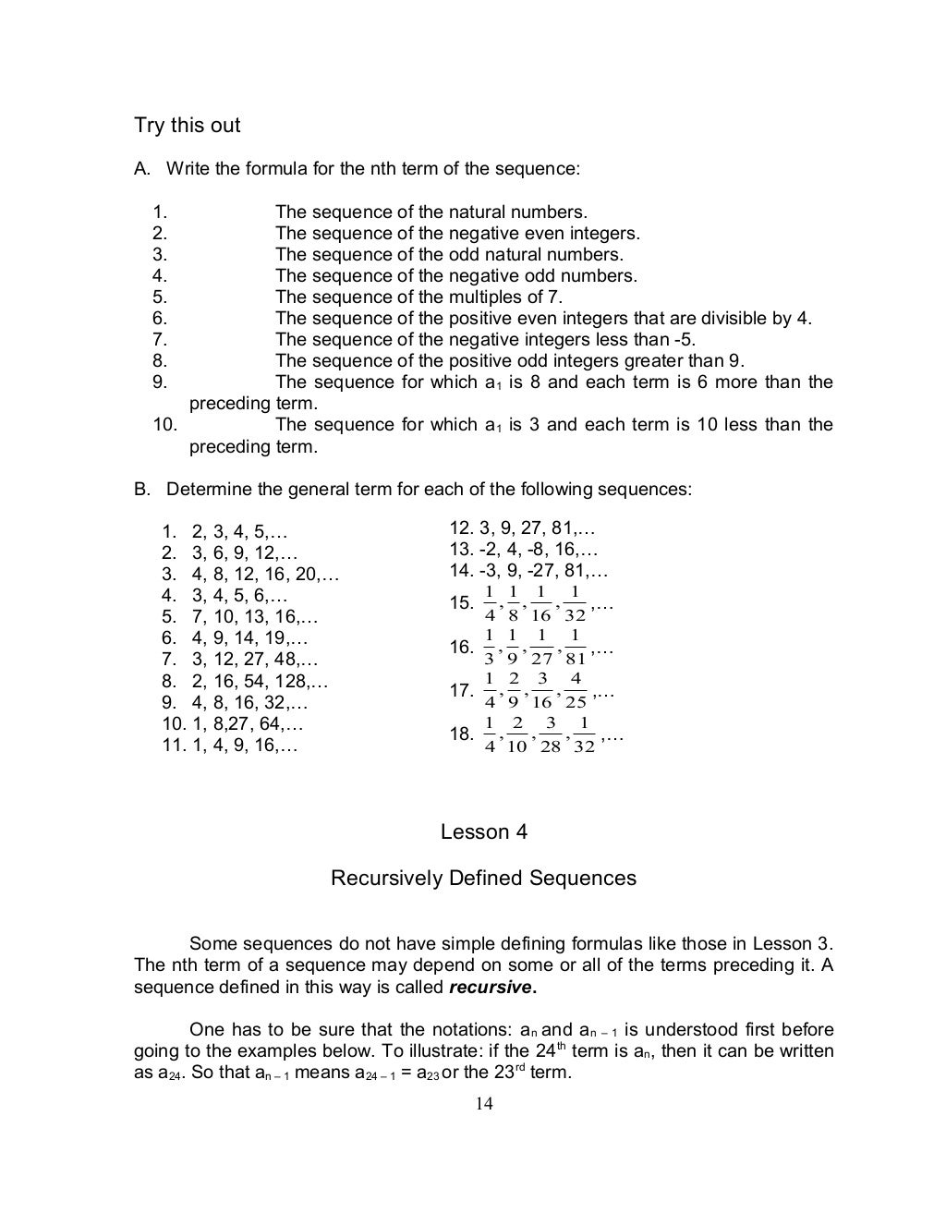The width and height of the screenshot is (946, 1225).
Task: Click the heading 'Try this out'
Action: coord(188,126)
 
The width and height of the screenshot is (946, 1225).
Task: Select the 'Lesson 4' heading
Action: coord(483,832)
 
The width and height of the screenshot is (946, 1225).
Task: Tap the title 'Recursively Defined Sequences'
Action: coord(483,878)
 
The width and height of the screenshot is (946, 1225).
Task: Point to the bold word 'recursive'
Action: coord(491,987)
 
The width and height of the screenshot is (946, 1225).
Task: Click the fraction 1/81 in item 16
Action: coord(576,648)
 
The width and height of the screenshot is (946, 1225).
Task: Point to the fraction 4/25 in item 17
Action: coord(576,690)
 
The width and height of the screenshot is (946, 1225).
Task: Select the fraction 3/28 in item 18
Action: coord(550,734)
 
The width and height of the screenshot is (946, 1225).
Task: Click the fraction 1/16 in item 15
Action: coord(540,604)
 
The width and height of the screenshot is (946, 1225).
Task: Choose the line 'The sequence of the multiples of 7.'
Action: coord(418,297)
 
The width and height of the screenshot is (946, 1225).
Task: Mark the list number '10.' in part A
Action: coord(165,425)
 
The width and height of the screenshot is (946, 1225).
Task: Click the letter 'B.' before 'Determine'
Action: coord(142,490)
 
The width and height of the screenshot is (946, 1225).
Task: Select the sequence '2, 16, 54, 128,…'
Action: coord(260,682)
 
